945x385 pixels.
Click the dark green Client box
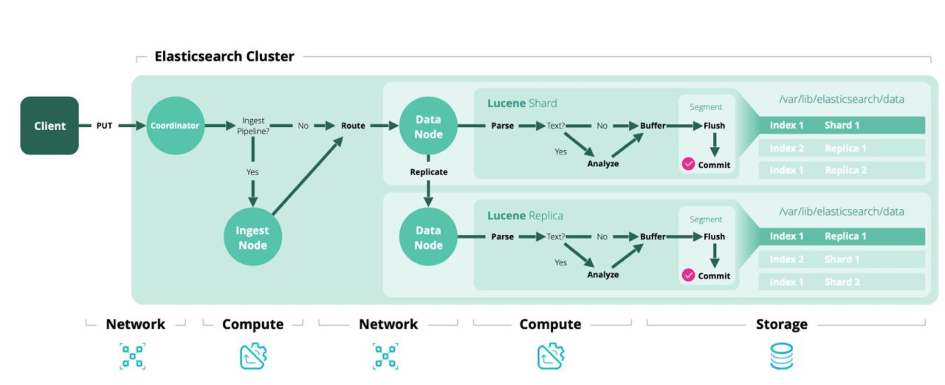pos(49,125)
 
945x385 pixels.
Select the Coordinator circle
pos(175,125)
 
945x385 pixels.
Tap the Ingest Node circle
pos(252,237)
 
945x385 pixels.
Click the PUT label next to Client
pos(104,126)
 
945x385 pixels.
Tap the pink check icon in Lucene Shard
pos(687,164)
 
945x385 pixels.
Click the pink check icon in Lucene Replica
pos(687,275)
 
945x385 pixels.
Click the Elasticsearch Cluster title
pos(224,57)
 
